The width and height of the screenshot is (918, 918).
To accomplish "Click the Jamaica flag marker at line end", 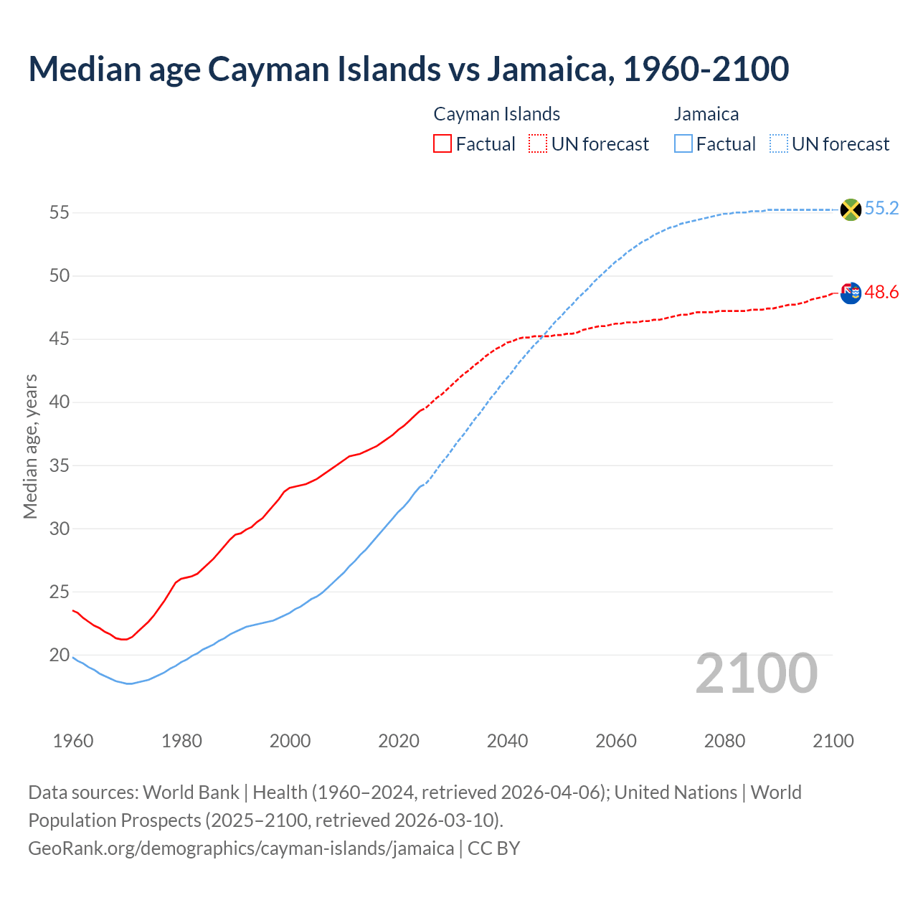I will (850, 209).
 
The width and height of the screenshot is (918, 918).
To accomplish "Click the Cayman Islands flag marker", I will (850, 293).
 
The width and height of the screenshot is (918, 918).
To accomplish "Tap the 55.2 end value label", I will (881, 209).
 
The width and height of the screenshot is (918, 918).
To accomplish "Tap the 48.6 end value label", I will (881, 293).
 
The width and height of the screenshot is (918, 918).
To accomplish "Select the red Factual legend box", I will (443, 144).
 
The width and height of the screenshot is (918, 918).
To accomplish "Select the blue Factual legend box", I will (683, 144).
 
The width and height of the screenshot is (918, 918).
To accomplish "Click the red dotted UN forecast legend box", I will (538, 144).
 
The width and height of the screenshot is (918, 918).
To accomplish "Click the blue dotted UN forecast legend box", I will (779, 144).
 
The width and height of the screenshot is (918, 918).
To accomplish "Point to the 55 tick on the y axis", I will (59, 213).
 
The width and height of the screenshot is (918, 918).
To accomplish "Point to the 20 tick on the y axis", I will (59, 656).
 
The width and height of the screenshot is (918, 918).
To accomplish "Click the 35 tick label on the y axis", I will (59, 466).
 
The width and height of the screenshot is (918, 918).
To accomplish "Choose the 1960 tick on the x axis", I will (73, 741).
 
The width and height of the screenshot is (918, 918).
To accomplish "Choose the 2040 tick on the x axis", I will (507, 741).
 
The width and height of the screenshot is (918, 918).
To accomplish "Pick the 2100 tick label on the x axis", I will (833, 741).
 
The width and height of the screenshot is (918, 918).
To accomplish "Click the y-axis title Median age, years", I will (30, 446).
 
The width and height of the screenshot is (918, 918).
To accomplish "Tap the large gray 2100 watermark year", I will (756, 673).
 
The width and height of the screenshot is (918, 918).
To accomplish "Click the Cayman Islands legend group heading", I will (496, 114).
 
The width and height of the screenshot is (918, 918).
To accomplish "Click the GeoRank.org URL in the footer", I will (241, 848).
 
